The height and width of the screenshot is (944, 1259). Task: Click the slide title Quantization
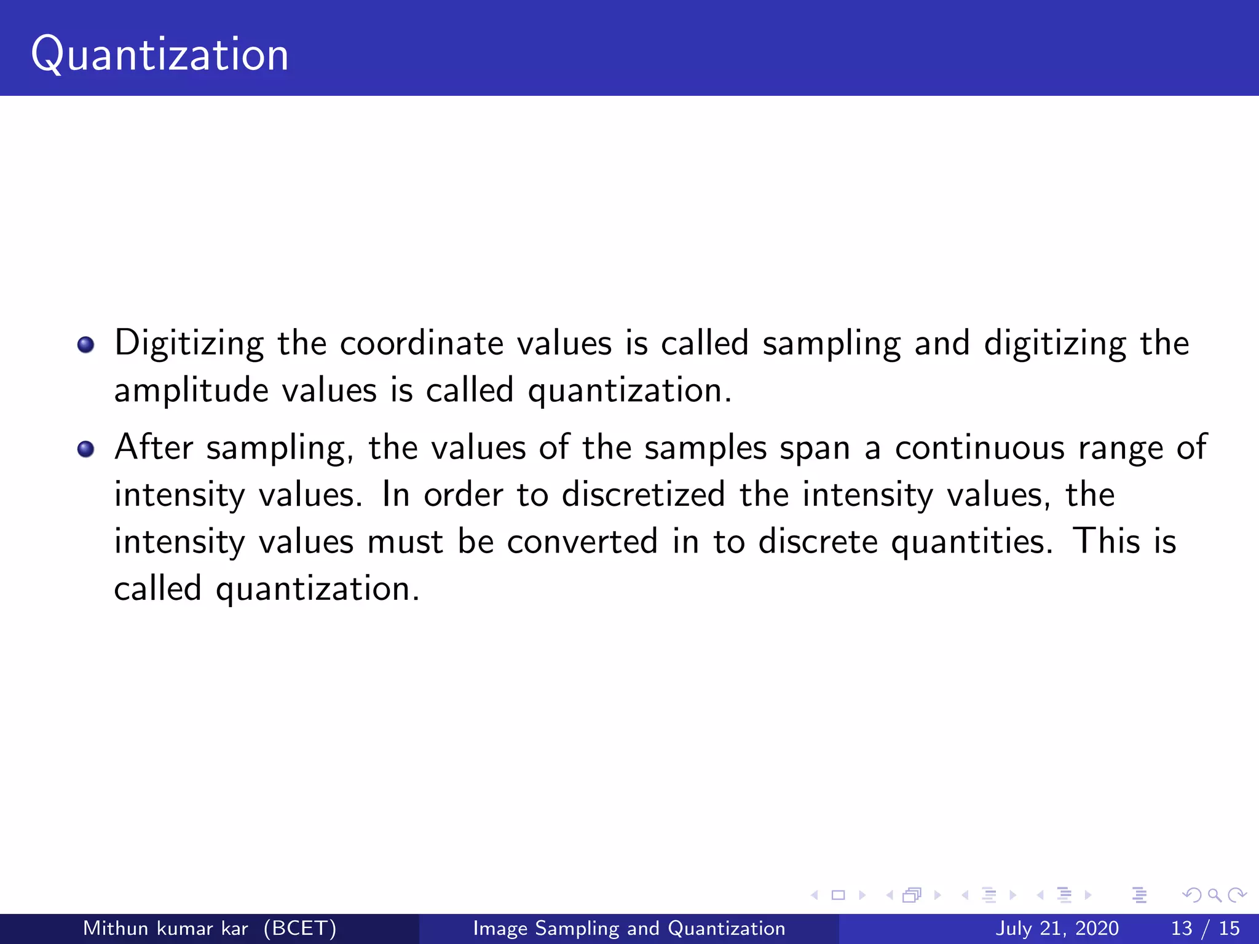point(160,54)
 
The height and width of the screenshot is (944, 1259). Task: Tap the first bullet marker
point(86,345)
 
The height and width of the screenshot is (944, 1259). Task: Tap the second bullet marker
point(86,449)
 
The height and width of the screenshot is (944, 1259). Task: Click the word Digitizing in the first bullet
point(189,344)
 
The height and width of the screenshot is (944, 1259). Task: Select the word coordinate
point(421,344)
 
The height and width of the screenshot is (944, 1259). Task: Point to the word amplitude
point(191,391)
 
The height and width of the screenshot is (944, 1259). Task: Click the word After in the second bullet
point(154,447)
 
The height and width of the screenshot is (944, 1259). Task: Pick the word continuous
point(979,447)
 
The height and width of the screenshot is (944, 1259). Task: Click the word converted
point(582,542)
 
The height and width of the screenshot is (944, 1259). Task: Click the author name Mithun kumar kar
point(165,928)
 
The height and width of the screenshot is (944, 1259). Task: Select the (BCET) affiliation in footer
point(300,928)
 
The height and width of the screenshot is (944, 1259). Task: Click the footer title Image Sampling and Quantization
point(629,928)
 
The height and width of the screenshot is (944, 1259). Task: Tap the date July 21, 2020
point(1057,928)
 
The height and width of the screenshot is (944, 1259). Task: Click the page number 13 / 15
point(1205,928)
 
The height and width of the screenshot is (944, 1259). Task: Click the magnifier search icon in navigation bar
point(1214,895)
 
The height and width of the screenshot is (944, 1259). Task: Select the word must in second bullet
point(405,542)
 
